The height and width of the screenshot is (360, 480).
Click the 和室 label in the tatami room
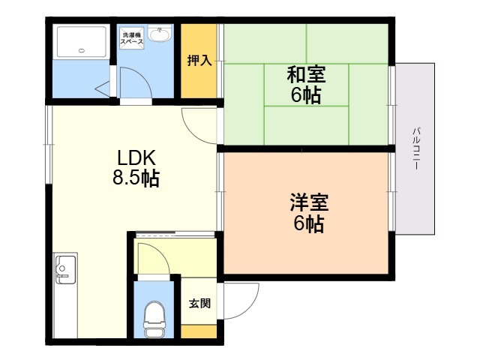[x=306, y=74]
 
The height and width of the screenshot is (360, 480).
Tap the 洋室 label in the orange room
[x=309, y=202]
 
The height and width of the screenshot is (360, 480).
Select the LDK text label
[x=136, y=158]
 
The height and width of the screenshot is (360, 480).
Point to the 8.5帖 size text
[x=136, y=178]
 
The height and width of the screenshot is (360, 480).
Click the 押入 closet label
[x=199, y=60]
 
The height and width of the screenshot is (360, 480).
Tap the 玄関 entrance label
[x=199, y=303]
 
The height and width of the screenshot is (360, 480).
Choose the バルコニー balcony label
[x=416, y=148]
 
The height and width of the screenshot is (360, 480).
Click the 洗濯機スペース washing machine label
[x=132, y=38]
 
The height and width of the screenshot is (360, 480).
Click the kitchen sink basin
[x=65, y=269]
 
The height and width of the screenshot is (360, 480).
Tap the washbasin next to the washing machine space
[x=160, y=33]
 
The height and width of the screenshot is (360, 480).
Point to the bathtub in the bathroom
[x=82, y=42]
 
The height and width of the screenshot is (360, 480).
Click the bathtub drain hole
[x=82, y=51]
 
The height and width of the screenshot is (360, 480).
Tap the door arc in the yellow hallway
[x=161, y=251]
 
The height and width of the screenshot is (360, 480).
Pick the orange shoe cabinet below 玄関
[x=199, y=331]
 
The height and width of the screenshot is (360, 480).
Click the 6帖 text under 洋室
[x=309, y=224]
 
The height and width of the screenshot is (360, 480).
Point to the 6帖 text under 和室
[x=306, y=95]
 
